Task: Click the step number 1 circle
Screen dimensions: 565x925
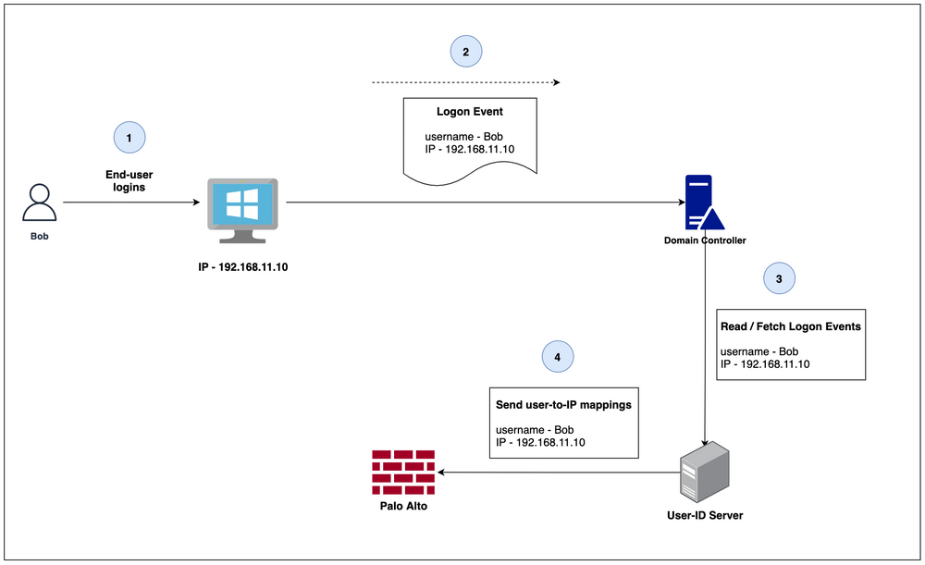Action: [x=129, y=138]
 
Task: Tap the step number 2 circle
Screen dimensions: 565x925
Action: [x=465, y=52]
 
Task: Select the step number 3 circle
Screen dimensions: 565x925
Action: [x=779, y=277]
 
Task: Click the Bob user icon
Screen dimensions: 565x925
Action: [x=39, y=202]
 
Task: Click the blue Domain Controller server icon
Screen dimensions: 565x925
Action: [x=703, y=203]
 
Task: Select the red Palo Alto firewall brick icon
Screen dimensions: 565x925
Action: [x=403, y=473]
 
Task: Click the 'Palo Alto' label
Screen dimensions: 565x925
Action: [x=403, y=506]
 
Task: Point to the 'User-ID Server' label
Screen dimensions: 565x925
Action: [x=706, y=515]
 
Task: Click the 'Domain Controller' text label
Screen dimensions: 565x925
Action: [x=705, y=240]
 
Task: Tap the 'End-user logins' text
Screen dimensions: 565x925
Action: [x=130, y=180]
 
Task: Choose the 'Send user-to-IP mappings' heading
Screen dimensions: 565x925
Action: [x=558, y=404]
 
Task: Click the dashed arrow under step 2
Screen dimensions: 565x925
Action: [x=465, y=82]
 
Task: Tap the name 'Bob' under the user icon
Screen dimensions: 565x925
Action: [x=39, y=236]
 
